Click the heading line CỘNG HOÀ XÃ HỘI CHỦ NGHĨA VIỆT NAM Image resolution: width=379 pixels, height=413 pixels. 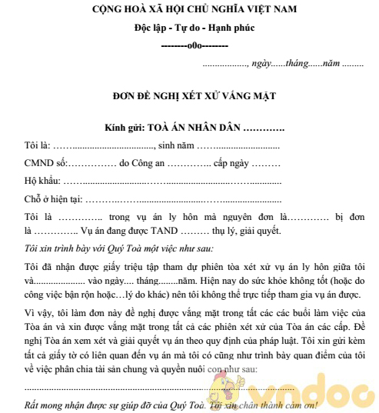point(188,11)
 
